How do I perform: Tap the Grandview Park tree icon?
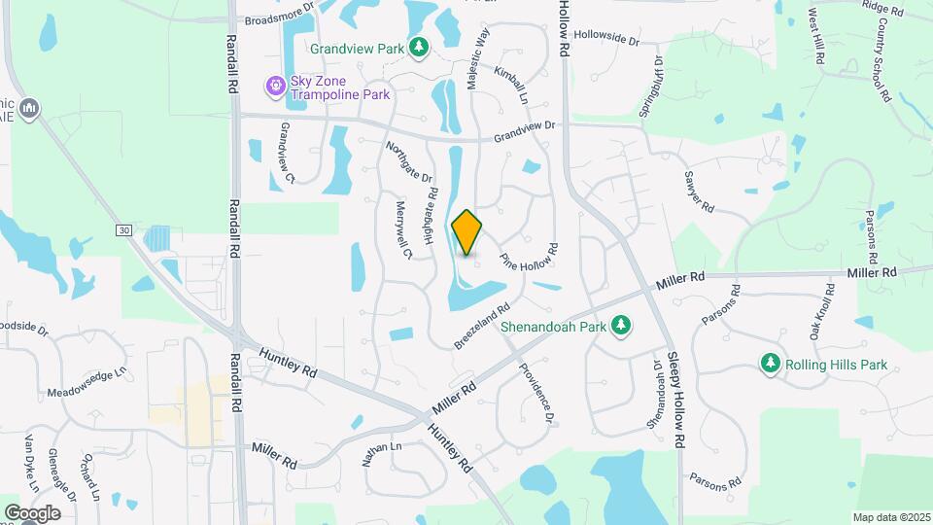tap(419, 47)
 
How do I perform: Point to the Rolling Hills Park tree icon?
tap(771, 364)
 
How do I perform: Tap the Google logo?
tap(32, 513)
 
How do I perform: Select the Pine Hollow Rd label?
tap(529, 259)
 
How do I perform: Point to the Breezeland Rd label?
tap(482, 329)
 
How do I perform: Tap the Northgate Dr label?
tap(408, 162)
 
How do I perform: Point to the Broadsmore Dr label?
tap(281, 17)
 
